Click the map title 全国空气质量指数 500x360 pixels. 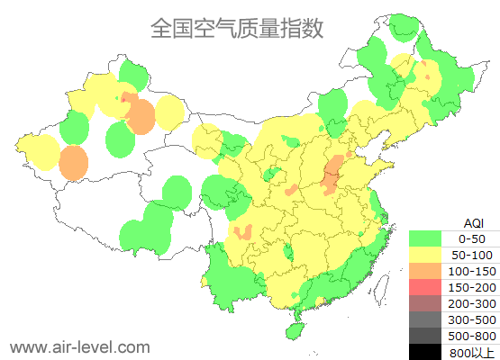click(236, 28)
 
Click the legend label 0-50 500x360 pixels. click(473, 238)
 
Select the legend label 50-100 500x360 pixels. click(473, 255)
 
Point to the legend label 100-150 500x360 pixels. click(473, 271)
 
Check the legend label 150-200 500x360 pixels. click(473, 287)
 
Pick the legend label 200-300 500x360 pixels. click(473, 303)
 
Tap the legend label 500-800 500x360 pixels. click(473, 336)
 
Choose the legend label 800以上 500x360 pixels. click(473, 352)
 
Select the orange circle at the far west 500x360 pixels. click(74, 163)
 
